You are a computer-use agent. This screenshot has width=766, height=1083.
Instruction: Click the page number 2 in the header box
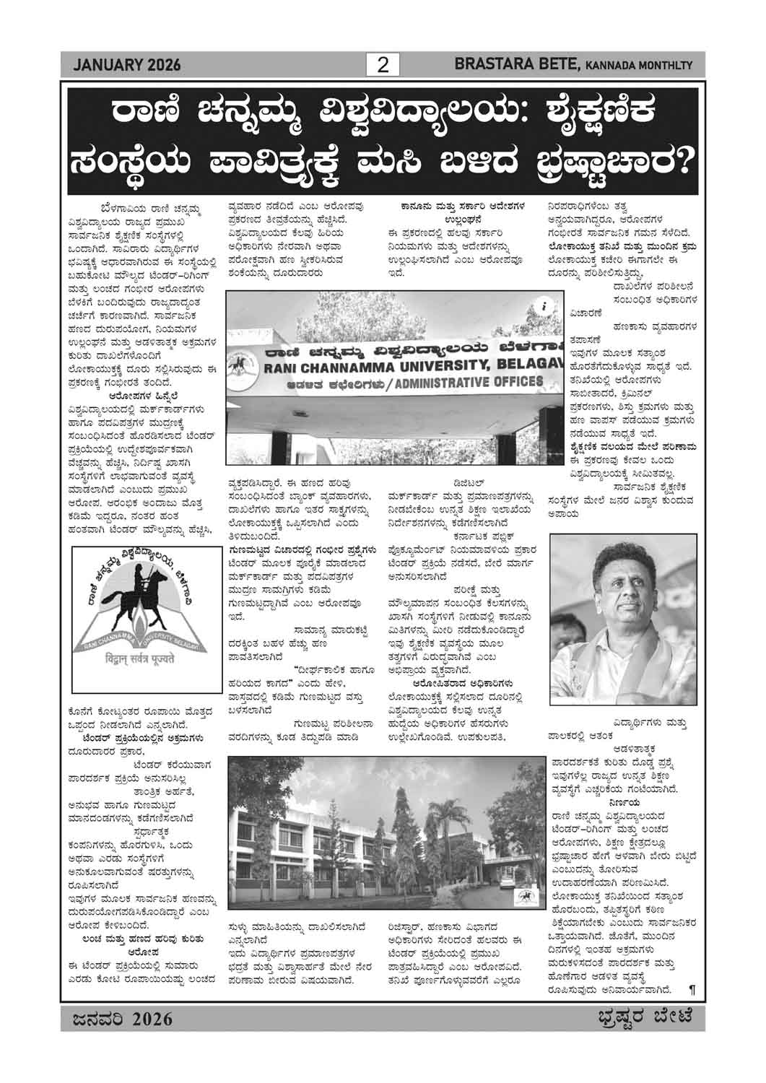pyautogui.click(x=383, y=66)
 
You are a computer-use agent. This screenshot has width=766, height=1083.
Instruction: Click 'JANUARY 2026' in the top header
pyautogui.click(x=127, y=66)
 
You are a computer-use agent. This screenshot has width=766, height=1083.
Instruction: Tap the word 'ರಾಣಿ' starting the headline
pyautogui.click(x=144, y=115)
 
